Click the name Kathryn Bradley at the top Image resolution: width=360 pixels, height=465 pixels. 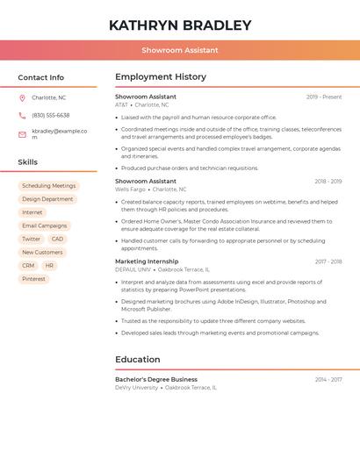(180, 25)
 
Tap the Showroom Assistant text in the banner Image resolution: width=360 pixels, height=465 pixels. (180, 50)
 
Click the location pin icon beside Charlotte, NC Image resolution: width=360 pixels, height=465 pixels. (22, 97)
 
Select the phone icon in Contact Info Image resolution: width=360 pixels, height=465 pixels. (22, 115)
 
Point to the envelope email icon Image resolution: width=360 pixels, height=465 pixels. (22, 133)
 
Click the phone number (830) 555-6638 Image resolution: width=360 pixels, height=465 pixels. (50, 115)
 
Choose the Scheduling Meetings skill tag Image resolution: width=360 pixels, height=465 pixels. (48, 186)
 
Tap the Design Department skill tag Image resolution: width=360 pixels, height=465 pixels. (47, 199)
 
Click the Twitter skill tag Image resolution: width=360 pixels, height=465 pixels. (31, 239)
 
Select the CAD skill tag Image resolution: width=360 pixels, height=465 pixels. (57, 239)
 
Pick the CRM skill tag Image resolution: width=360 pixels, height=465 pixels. (28, 266)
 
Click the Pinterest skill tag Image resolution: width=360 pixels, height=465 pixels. (33, 279)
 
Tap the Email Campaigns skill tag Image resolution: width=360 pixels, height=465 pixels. (44, 225)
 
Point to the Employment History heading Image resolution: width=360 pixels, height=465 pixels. (160, 77)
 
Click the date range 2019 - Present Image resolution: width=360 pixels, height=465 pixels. (323, 97)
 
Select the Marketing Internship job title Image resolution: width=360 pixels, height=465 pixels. (146, 261)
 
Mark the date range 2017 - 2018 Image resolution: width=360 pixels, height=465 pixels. (328, 261)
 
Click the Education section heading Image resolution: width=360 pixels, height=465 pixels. (137, 360)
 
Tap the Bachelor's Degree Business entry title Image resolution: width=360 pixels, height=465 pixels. (156, 379)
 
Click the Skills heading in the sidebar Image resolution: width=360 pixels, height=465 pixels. (27, 162)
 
